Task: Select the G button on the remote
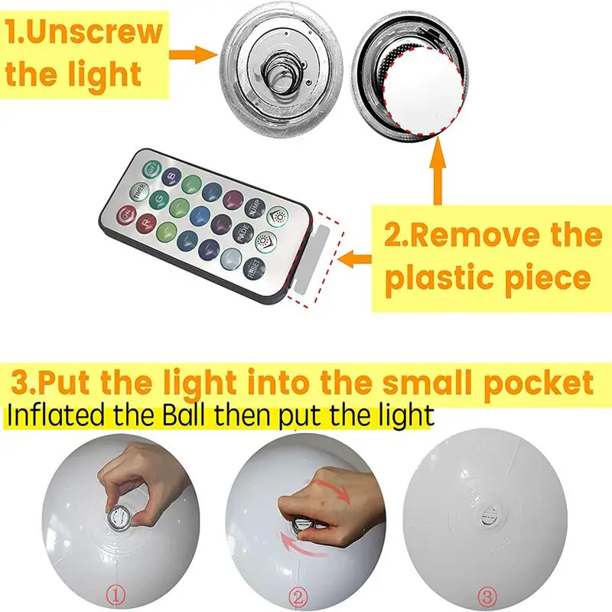point(160,199)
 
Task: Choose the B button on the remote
point(173,176)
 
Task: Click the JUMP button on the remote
point(255,209)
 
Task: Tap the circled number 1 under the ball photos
point(115,592)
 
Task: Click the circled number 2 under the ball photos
point(300,593)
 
